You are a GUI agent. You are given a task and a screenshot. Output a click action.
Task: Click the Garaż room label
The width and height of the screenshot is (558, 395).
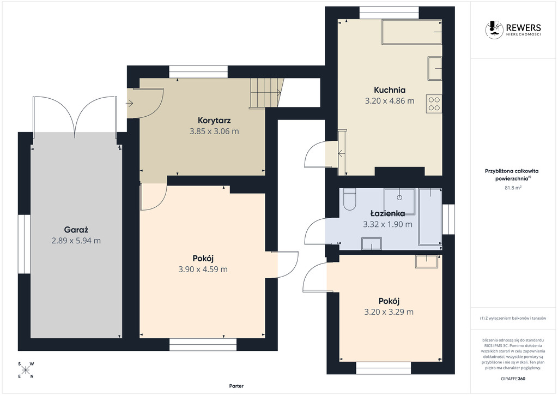(76, 230)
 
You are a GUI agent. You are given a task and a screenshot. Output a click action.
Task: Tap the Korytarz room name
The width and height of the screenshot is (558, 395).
(214, 121)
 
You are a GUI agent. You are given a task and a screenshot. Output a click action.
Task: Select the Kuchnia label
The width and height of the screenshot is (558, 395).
(390, 90)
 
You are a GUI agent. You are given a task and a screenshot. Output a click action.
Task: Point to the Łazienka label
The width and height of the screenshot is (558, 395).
(387, 213)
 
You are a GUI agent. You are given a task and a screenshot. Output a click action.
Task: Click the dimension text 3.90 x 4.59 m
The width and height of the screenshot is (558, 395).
(203, 270)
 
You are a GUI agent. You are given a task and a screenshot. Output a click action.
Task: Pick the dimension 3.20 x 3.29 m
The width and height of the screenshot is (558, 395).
(389, 312)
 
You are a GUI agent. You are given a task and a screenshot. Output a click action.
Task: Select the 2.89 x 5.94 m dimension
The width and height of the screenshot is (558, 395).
(76, 241)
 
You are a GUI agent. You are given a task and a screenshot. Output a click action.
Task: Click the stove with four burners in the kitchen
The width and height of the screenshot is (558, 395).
(434, 104)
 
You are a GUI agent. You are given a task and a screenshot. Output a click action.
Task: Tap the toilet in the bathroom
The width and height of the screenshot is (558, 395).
(350, 200)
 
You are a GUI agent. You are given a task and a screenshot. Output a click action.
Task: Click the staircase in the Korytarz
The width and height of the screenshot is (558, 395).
(266, 93)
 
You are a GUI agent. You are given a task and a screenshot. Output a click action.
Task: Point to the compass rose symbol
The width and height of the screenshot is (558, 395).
(26, 370)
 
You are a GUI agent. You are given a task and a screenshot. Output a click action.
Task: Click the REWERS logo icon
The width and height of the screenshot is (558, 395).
(494, 29)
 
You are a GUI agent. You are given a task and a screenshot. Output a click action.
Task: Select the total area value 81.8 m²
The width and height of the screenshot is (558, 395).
(513, 187)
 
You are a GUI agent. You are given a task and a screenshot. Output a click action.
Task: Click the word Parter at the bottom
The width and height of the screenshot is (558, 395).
(236, 386)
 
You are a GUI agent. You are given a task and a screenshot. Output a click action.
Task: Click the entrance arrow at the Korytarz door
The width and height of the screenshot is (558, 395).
(130, 103)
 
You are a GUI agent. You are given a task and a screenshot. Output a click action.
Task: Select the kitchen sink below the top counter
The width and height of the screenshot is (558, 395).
(435, 68)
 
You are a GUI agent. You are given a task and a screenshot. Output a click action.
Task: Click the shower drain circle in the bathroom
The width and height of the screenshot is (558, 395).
(399, 196)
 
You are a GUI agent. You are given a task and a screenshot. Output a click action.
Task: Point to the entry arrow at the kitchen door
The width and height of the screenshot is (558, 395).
(342, 154)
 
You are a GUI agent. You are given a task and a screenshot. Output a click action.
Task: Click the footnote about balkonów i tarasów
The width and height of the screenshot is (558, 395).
(513, 318)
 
